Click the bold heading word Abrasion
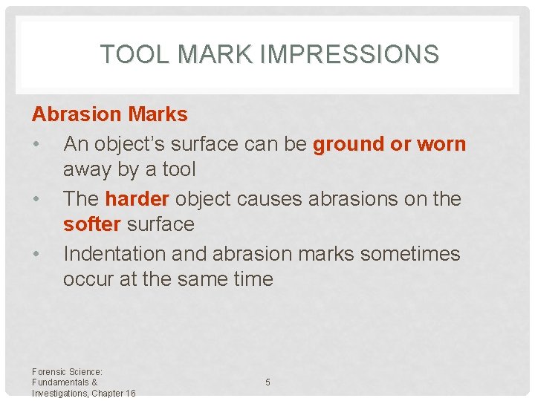click(77, 114)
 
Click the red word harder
click(137, 199)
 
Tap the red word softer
click(92, 224)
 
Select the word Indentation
click(115, 254)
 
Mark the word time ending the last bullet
click(252, 279)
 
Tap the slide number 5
click(267, 382)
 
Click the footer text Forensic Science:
click(67, 371)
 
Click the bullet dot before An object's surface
click(36, 144)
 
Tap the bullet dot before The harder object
click(36, 199)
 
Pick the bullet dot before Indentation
click(36, 254)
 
